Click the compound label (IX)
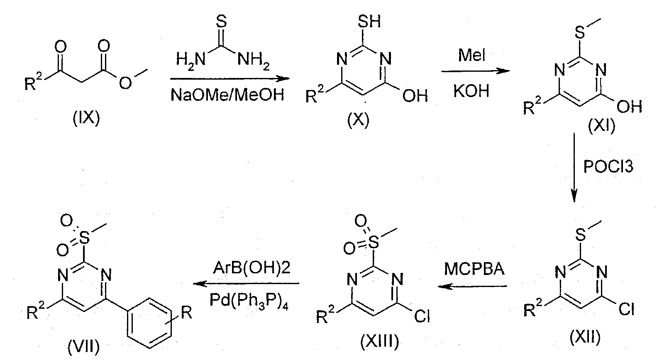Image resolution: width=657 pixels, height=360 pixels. (x=86, y=119)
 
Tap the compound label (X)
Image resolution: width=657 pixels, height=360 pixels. (x=358, y=120)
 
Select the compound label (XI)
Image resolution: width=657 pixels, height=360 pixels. (x=601, y=126)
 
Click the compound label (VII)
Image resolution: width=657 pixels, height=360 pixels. (x=83, y=348)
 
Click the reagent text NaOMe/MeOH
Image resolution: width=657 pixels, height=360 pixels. (x=227, y=95)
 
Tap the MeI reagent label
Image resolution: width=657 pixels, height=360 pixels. (x=471, y=55)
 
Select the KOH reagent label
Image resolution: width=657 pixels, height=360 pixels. (x=471, y=92)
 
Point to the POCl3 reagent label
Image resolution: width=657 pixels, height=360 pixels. (x=608, y=167)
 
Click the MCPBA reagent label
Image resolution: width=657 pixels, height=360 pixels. (x=474, y=269)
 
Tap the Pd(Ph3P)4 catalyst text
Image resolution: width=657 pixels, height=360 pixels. (x=249, y=301)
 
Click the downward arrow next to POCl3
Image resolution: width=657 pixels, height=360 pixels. (x=574, y=168)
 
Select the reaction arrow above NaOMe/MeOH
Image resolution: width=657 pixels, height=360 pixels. (x=230, y=78)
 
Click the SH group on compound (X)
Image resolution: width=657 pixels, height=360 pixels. (x=369, y=21)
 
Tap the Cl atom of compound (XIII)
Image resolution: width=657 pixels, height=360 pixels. (x=422, y=316)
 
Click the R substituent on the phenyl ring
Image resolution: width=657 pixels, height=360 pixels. (x=186, y=313)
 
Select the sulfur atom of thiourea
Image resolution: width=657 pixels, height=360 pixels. (x=222, y=22)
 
